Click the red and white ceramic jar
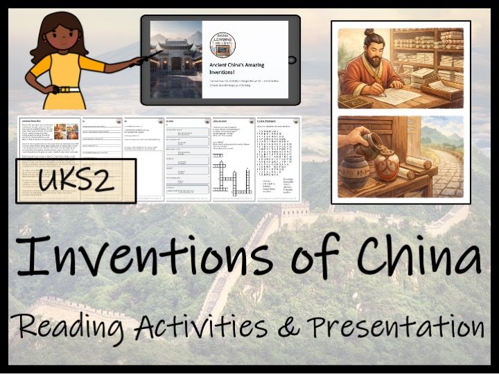coord(387,166)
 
